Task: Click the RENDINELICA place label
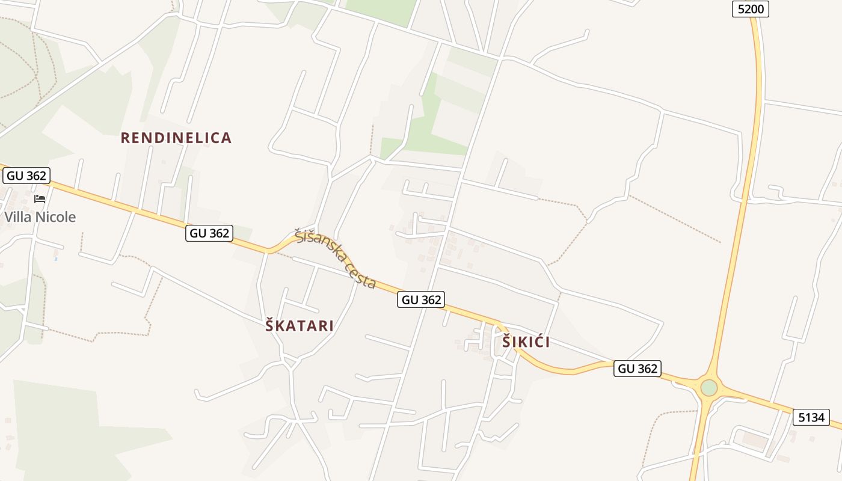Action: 176,138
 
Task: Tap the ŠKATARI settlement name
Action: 300,326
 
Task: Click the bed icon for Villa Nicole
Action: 40,198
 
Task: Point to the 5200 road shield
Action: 751,9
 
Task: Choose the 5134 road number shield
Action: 811,417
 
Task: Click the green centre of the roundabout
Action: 709,387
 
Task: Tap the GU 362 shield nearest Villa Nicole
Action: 26,176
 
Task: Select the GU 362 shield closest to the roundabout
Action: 638,369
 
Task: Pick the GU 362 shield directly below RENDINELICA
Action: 209,233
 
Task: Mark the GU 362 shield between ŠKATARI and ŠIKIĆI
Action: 420,299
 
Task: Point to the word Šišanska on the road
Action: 316,244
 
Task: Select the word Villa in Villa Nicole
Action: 17,217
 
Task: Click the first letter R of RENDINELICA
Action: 125,138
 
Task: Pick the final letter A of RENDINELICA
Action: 227,138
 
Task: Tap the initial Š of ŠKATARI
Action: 270,325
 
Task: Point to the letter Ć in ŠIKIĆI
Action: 536,342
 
